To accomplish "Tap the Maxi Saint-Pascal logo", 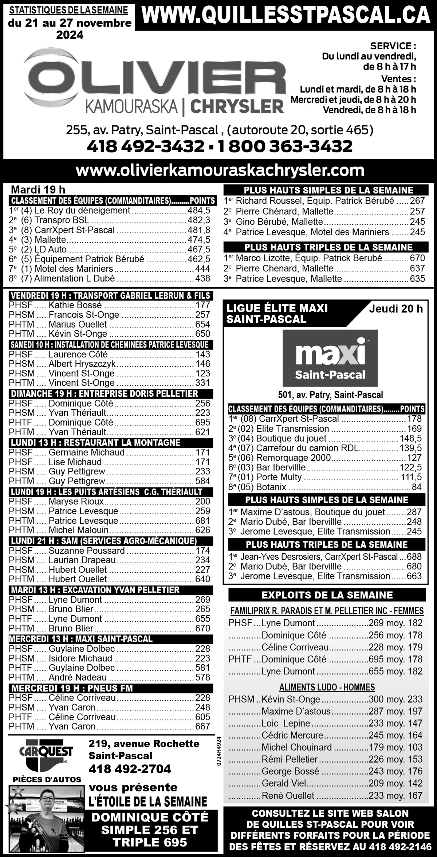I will tap(330, 358).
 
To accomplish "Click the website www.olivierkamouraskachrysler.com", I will tap(220, 170).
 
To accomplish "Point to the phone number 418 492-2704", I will tap(130, 769).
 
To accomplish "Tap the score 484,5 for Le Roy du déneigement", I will tap(199, 210).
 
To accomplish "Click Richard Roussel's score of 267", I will tap(417, 201).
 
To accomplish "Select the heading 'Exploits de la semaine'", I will tap(327, 595).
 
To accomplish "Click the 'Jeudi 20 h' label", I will tap(396, 309).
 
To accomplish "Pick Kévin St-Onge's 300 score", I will tap(374, 699).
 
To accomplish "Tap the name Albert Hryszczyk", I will tap(82, 364).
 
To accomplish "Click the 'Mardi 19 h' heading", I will tap(38, 189).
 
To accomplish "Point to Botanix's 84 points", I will tap(416, 487).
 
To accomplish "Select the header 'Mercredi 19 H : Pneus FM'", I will tap(72, 688).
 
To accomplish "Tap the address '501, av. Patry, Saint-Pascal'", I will tap(330, 395).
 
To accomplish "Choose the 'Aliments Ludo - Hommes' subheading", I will tap(327, 687).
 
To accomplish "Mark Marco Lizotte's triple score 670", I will tap(417, 258).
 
